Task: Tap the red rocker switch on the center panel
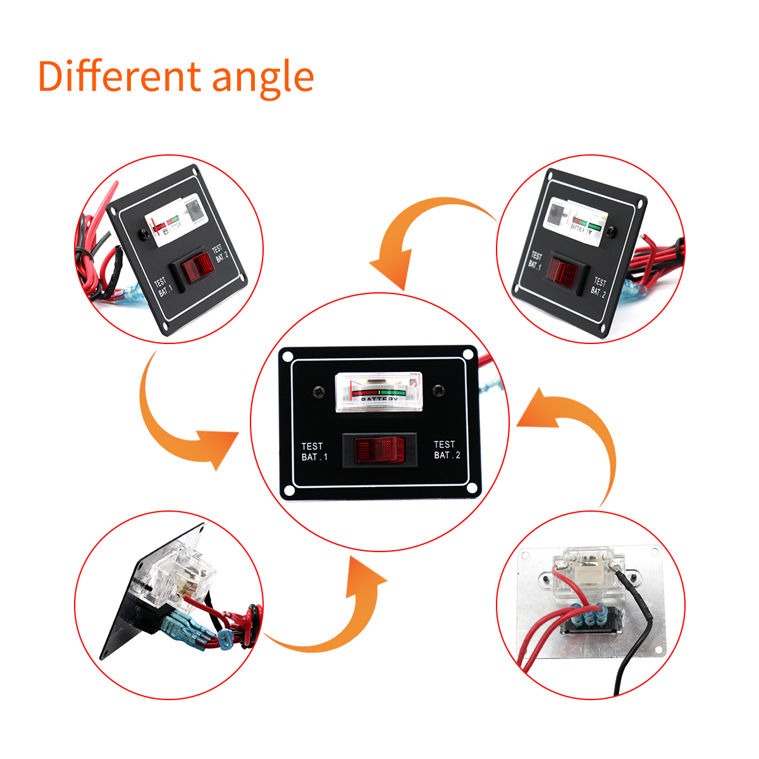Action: [379, 450]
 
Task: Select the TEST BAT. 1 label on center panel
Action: [314, 452]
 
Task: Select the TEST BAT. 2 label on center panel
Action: [447, 450]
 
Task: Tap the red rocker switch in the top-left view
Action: [197, 269]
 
